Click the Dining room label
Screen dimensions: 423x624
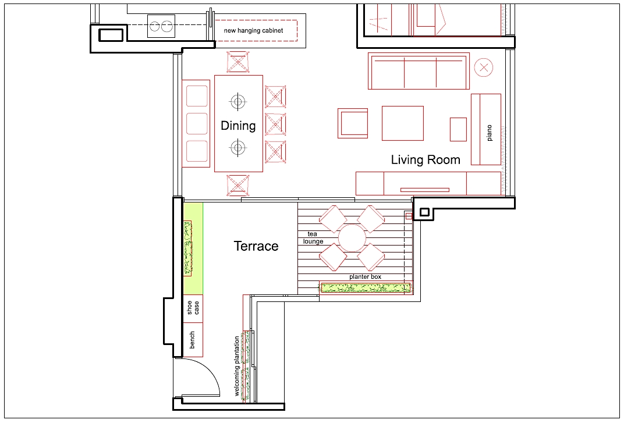click(x=238, y=126)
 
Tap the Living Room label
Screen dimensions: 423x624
click(x=426, y=160)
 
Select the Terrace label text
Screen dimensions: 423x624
click(x=256, y=246)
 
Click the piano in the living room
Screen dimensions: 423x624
click(x=486, y=129)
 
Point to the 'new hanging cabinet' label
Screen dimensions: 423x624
click(x=253, y=30)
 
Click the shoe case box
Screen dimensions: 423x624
click(x=193, y=308)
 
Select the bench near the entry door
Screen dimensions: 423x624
click(x=193, y=340)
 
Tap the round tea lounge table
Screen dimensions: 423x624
click(x=352, y=238)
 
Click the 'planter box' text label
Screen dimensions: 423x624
click(x=365, y=277)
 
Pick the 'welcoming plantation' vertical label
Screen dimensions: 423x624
click(x=237, y=367)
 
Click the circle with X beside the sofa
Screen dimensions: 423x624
click(x=483, y=67)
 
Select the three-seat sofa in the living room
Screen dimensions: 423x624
click(x=419, y=71)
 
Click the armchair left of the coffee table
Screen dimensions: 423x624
click(x=353, y=123)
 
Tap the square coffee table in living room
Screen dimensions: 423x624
click(x=402, y=123)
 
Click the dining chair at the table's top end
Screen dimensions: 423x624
click(x=238, y=62)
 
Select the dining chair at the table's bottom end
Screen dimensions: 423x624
click(x=238, y=184)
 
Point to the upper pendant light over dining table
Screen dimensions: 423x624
click(x=237, y=102)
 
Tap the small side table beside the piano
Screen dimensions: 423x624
click(x=458, y=129)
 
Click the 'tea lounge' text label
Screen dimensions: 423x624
click(x=313, y=237)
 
